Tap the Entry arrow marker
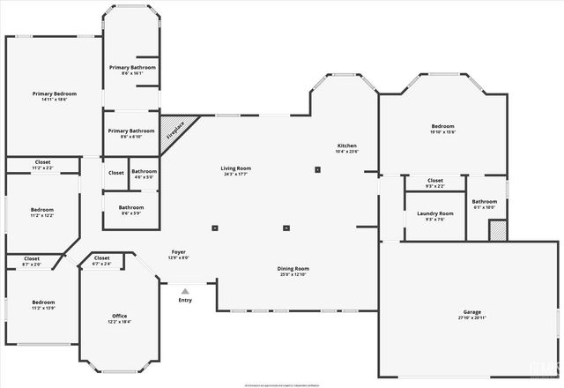(x=185, y=291)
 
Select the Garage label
(x=472, y=313)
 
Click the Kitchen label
(x=347, y=147)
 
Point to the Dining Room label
(x=293, y=271)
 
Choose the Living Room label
(x=236, y=170)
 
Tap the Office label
(x=120, y=317)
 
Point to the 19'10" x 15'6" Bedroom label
(x=442, y=129)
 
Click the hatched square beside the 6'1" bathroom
(x=499, y=229)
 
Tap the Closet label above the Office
(x=102, y=260)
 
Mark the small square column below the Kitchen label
(x=318, y=169)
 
